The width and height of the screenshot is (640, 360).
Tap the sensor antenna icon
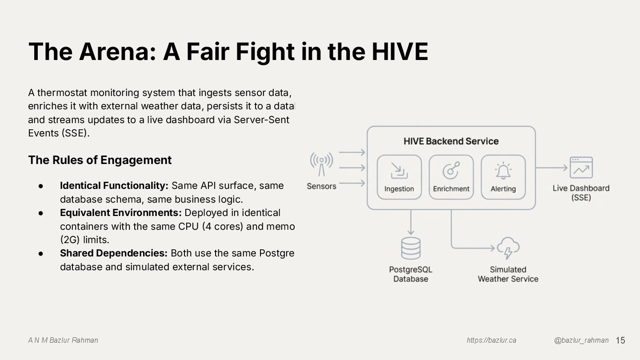tap(321, 164)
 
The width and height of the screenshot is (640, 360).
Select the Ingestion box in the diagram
tap(399, 177)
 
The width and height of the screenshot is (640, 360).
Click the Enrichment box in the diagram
tap(451, 177)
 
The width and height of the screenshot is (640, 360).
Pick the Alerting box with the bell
tap(503, 177)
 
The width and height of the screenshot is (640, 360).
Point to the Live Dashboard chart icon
tap(581, 168)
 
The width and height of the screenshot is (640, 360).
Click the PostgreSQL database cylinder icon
tap(411, 248)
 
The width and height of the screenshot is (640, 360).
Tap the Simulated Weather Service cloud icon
tap(508, 248)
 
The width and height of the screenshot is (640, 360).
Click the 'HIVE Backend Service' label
tap(451, 141)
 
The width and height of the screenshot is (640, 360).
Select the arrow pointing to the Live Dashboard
tap(552, 168)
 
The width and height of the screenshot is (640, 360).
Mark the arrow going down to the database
tap(411, 222)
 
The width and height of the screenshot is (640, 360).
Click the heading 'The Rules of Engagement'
tap(100, 160)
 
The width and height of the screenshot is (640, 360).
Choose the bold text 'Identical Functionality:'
tap(114, 185)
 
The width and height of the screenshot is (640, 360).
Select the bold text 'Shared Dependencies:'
tap(114, 253)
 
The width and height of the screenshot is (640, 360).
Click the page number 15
tap(620, 340)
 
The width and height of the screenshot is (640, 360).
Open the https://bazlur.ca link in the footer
tap(491, 340)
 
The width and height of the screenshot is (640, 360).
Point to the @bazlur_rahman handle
tap(581, 340)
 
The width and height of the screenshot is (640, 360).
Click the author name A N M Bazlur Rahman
tap(63, 340)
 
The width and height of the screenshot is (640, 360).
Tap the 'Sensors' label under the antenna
tap(321, 186)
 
